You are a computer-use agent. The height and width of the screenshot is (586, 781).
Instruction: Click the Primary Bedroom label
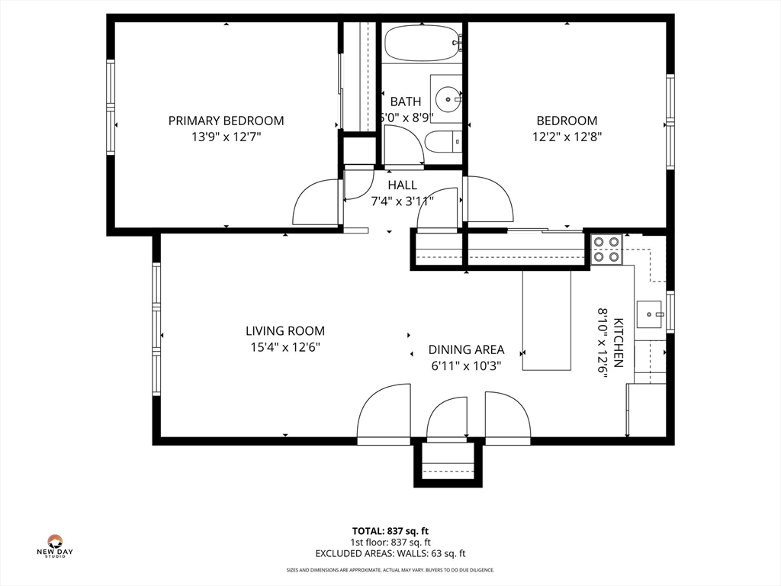pyautogui.click(x=226, y=121)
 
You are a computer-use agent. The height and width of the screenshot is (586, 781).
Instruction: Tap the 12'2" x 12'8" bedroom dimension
pyautogui.click(x=567, y=137)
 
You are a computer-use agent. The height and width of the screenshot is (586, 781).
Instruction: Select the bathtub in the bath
pyautogui.click(x=423, y=43)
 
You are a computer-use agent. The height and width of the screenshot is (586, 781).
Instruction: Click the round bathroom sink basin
pyautogui.click(x=448, y=99)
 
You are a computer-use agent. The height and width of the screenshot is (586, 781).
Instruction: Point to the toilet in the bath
pyautogui.click(x=444, y=141)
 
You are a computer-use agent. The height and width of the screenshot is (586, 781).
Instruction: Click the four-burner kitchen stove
pyautogui.click(x=606, y=250)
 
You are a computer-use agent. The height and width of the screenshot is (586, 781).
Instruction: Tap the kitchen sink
pyautogui.click(x=649, y=314)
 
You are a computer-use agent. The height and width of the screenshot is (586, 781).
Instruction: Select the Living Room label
pyautogui.click(x=285, y=331)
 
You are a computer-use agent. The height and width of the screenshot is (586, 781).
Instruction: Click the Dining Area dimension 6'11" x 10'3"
pyautogui.click(x=466, y=366)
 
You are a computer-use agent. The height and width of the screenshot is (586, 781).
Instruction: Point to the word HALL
pyautogui.click(x=403, y=185)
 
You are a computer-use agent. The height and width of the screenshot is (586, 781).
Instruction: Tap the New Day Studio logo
pyautogui.click(x=55, y=546)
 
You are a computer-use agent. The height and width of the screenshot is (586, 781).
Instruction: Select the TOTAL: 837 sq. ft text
pyautogui.click(x=390, y=531)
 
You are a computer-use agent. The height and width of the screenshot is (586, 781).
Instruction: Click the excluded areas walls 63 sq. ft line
pyautogui.click(x=390, y=553)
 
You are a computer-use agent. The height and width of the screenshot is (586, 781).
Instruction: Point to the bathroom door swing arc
pyautogui.click(x=403, y=144)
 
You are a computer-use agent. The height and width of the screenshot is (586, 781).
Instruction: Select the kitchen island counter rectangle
pyautogui.click(x=546, y=320)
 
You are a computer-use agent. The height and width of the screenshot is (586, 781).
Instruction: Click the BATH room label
pyautogui.click(x=406, y=101)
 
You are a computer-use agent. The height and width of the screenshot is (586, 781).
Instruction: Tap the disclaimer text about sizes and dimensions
pyautogui.click(x=390, y=570)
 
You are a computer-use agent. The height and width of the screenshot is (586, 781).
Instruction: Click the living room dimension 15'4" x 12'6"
pyautogui.click(x=285, y=347)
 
